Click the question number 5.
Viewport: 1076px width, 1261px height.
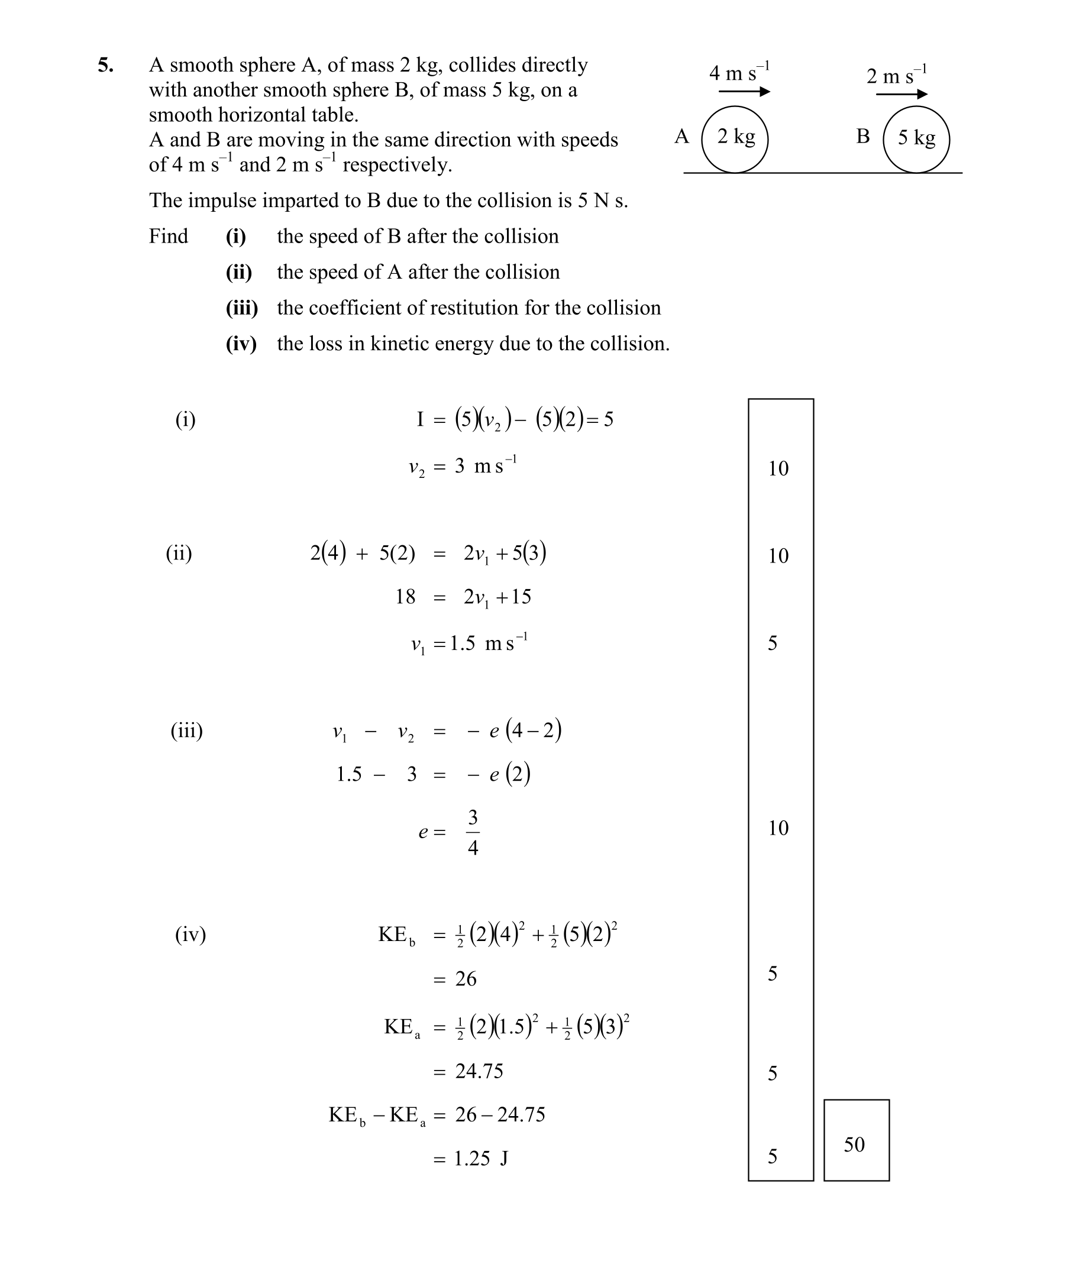pyautogui.click(x=105, y=65)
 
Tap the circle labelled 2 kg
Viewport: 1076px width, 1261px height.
pyautogui.click(x=735, y=140)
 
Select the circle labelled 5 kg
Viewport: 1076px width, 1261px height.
pyautogui.click(x=916, y=140)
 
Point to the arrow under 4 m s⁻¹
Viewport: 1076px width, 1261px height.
pyautogui.click(x=744, y=92)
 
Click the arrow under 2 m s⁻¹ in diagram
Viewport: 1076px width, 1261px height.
pyautogui.click(x=901, y=94)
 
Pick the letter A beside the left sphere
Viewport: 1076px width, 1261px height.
pyautogui.click(x=681, y=136)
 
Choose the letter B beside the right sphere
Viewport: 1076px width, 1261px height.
pyautogui.click(x=862, y=136)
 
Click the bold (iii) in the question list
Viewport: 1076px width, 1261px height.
pyautogui.click(x=241, y=308)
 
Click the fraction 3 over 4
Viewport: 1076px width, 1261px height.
pyautogui.click(x=473, y=832)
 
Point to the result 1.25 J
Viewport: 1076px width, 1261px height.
pyautogui.click(x=481, y=1158)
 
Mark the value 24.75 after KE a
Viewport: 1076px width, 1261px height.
pyautogui.click(x=479, y=1071)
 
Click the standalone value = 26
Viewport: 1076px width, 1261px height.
pyautogui.click(x=466, y=979)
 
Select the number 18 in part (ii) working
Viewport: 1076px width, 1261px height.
pyautogui.click(x=405, y=596)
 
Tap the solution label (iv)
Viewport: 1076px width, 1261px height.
pyautogui.click(x=190, y=933)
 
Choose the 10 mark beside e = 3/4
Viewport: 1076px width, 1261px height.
pyautogui.click(x=778, y=827)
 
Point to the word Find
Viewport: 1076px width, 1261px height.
pyautogui.click(x=169, y=236)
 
